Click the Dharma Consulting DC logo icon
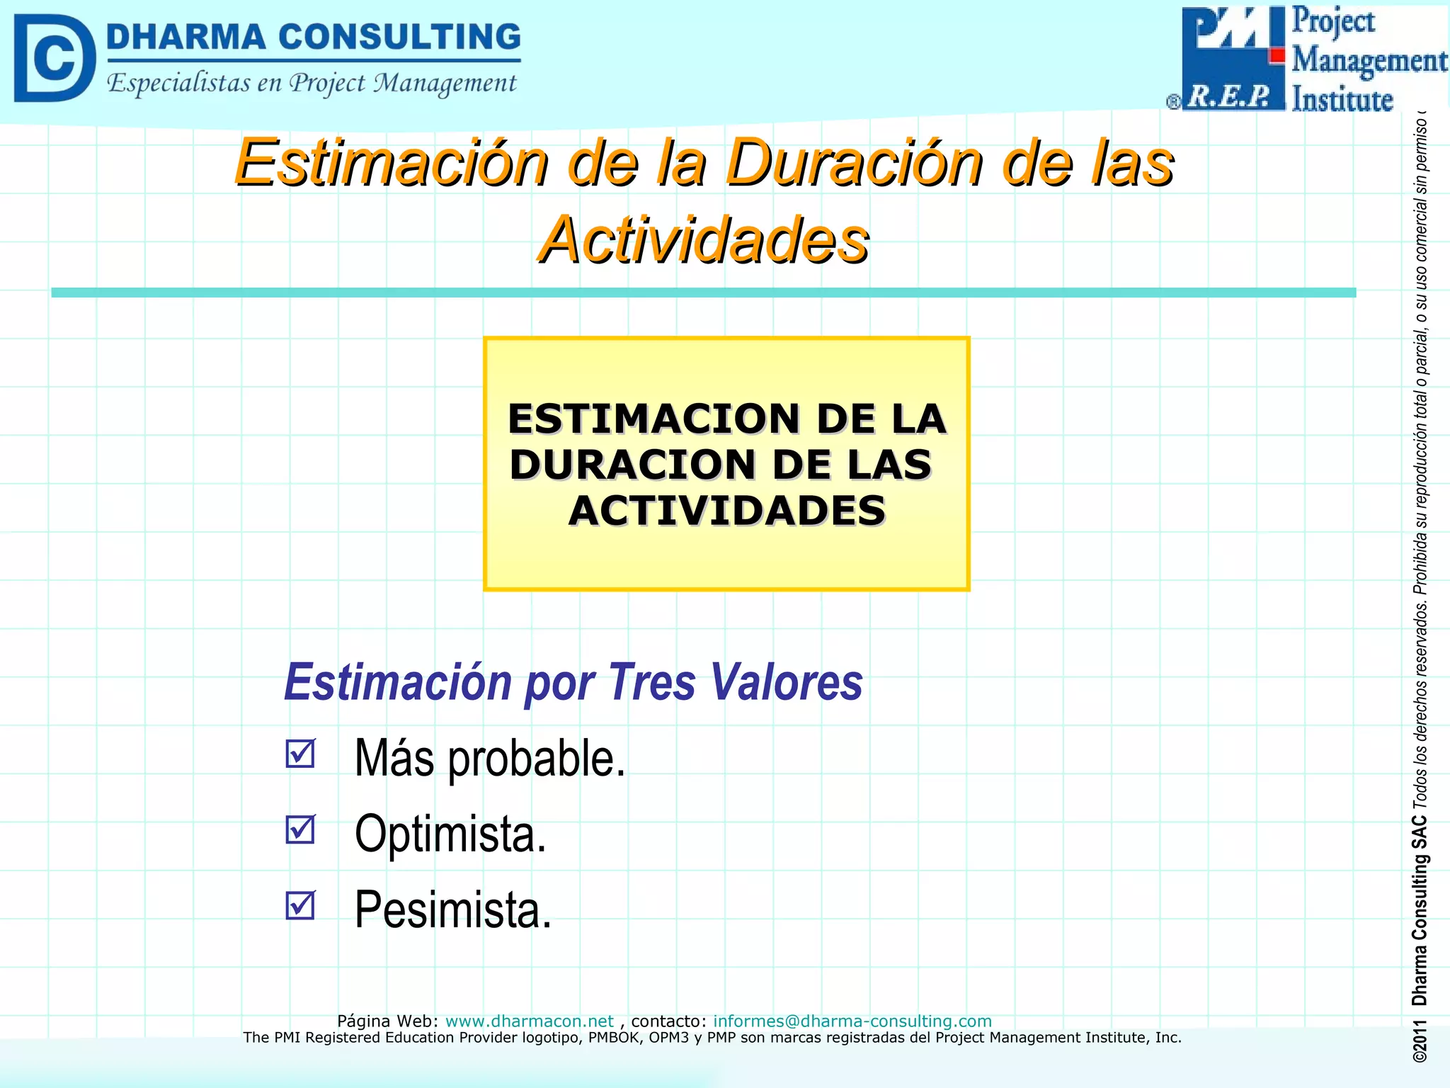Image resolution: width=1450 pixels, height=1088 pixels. click(x=55, y=58)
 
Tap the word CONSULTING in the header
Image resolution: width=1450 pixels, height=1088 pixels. click(x=399, y=37)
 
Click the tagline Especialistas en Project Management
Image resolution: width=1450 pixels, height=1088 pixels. click(x=312, y=84)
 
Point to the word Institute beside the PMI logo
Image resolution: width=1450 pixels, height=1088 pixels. click(x=1342, y=99)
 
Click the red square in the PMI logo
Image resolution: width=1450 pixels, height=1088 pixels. click(x=1277, y=55)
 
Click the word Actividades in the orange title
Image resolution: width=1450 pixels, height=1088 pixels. click(x=704, y=241)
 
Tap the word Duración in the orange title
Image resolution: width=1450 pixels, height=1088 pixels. click(x=855, y=163)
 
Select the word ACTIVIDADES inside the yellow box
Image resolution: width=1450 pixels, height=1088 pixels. click(x=726, y=511)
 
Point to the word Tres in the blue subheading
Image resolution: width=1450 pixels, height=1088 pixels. click(x=651, y=682)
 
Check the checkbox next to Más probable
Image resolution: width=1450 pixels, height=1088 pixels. click(x=301, y=754)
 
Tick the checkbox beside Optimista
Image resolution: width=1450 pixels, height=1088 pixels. click(x=301, y=829)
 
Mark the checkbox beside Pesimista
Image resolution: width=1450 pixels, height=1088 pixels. click(x=301, y=905)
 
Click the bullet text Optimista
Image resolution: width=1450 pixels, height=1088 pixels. click(x=450, y=834)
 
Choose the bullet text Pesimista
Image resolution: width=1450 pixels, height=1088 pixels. click(x=452, y=909)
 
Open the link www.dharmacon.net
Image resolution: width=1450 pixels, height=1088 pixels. click(x=529, y=1021)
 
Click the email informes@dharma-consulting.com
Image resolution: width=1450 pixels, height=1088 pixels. click(x=852, y=1021)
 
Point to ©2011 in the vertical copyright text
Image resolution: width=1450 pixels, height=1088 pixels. click(x=1420, y=1041)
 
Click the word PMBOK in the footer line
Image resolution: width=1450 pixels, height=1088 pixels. click(x=615, y=1038)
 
